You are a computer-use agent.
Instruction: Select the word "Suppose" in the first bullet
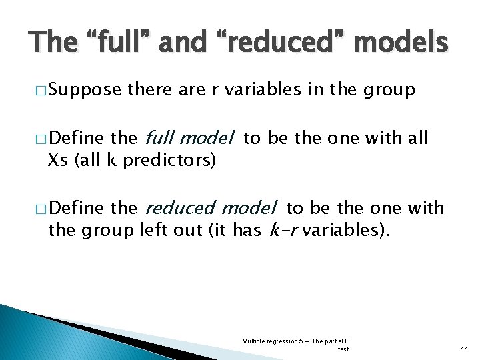pos(85,90)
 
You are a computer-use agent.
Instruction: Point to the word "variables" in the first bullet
pos(267,90)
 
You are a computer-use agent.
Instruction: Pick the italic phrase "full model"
pos(189,139)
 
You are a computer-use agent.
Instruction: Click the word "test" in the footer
pos(343,349)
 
